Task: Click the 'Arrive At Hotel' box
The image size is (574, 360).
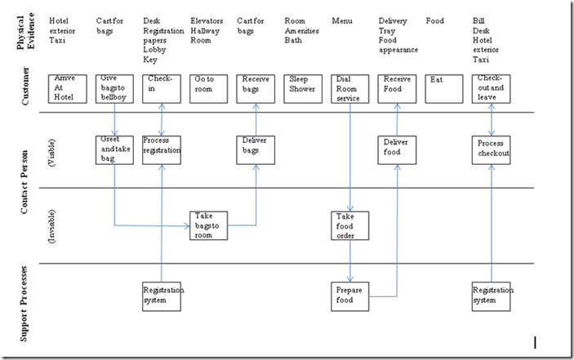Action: (x=68, y=88)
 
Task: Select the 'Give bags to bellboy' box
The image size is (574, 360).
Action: (x=115, y=88)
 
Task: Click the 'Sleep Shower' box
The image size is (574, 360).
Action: (x=303, y=88)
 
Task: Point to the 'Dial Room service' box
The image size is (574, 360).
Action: (x=351, y=88)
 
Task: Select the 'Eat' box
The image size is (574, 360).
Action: (x=445, y=88)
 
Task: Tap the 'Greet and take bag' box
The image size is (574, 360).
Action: (x=115, y=150)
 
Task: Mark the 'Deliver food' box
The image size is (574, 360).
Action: (x=398, y=150)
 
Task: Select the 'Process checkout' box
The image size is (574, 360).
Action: (x=492, y=150)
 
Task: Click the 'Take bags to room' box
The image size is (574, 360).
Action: (x=210, y=225)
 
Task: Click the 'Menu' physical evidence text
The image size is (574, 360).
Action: (x=342, y=20)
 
